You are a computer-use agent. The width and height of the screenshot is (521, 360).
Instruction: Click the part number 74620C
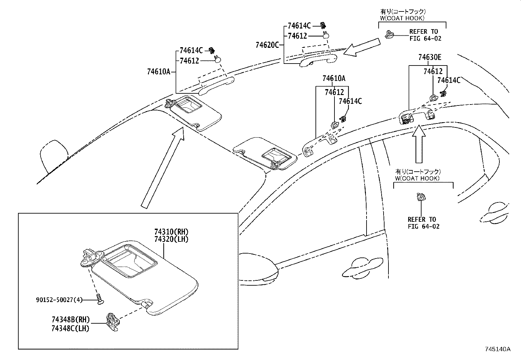tap(267, 45)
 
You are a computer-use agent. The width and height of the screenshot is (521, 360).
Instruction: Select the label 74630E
tap(429, 58)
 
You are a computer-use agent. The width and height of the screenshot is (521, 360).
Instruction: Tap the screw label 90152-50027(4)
tap(59, 300)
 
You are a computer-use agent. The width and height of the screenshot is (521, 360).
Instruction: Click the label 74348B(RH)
tap(70, 320)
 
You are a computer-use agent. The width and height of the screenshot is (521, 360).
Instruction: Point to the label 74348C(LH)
tap(70, 328)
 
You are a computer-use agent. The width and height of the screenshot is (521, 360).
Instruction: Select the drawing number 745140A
tap(497, 349)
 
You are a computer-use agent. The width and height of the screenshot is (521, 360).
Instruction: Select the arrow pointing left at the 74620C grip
tap(363, 47)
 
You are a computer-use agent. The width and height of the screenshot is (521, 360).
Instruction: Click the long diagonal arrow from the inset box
tap(162, 167)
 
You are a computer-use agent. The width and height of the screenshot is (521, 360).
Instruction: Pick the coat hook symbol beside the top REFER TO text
tap(389, 34)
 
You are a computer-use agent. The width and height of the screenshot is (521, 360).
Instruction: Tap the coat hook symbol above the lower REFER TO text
tap(420, 197)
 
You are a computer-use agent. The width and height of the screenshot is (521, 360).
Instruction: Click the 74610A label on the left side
tap(159, 72)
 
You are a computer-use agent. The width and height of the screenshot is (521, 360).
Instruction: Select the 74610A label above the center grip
tap(333, 79)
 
